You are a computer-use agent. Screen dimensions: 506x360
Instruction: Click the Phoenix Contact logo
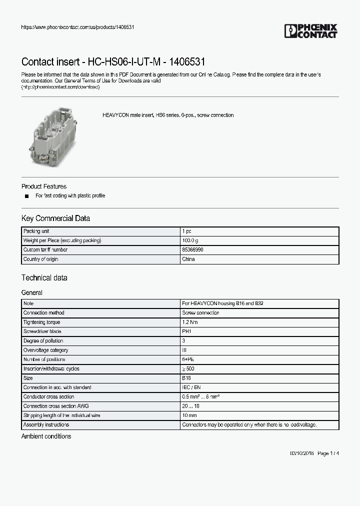point(310,31)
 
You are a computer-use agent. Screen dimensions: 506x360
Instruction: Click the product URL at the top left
point(77,27)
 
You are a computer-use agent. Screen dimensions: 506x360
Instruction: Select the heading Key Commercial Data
point(55,218)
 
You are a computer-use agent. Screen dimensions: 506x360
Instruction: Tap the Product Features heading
point(44,186)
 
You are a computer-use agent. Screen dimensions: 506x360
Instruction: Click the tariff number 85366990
point(192,250)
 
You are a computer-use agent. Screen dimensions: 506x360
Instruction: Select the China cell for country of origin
point(188,259)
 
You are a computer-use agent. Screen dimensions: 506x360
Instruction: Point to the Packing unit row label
point(36,231)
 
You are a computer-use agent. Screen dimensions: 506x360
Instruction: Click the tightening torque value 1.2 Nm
point(190,322)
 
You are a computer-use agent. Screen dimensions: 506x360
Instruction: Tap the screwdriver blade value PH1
point(187,331)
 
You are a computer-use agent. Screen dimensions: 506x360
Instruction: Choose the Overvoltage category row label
point(46,350)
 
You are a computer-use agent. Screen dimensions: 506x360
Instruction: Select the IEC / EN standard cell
point(191,387)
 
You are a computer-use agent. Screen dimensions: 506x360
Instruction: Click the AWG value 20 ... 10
point(191,406)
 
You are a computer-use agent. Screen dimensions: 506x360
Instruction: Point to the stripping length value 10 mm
point(189,415)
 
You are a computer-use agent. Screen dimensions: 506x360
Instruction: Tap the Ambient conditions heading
point(46,436)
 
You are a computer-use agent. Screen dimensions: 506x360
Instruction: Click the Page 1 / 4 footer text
point(328,453)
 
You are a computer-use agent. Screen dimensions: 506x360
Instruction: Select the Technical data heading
point(44,278)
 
